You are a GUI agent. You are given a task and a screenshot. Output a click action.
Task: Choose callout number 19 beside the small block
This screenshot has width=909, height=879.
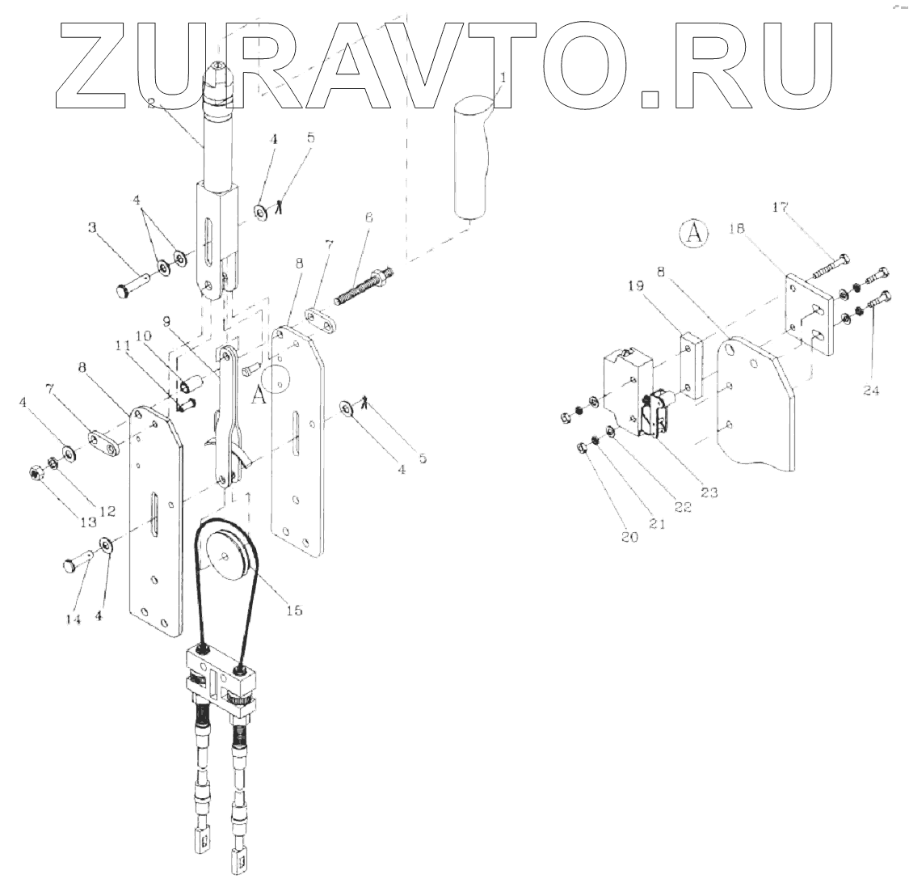(635, 285)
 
